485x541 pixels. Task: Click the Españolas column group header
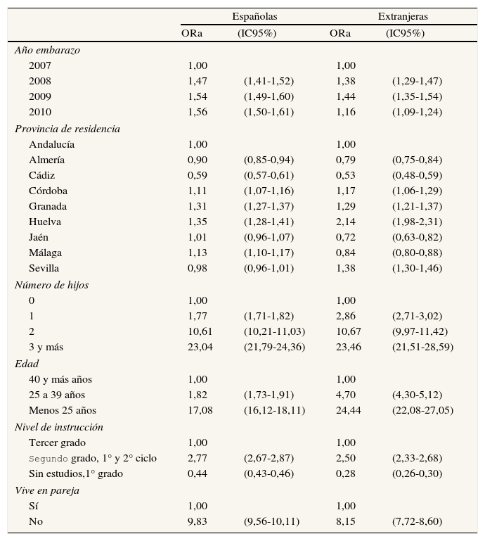(x=254, y=16)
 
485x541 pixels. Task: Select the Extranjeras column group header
(x=403, y=16)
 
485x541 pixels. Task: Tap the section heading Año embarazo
(x=47, y=50)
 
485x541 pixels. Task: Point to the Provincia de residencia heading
(x=67, y=129)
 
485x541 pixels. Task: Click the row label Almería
(x=47, y=160)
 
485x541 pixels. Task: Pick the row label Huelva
(x=45, y=222)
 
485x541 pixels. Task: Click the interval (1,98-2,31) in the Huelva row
(x=417, y=222)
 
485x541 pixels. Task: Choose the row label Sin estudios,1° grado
(x=76, y=473)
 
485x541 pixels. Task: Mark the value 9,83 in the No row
(x=198, y=521)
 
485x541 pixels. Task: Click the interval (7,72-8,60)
(x=417, y=521)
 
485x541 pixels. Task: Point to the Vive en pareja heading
(x=46, y=490)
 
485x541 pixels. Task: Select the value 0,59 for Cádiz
(x=198, y=175)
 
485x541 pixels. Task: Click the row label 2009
(x=40, y=96)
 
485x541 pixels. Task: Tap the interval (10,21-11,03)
(x=274, y=331)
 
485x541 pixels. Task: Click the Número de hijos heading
(x=51, y=285)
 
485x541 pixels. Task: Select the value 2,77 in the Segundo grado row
(x=198, y=458)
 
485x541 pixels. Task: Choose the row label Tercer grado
(x=58, y=443)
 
